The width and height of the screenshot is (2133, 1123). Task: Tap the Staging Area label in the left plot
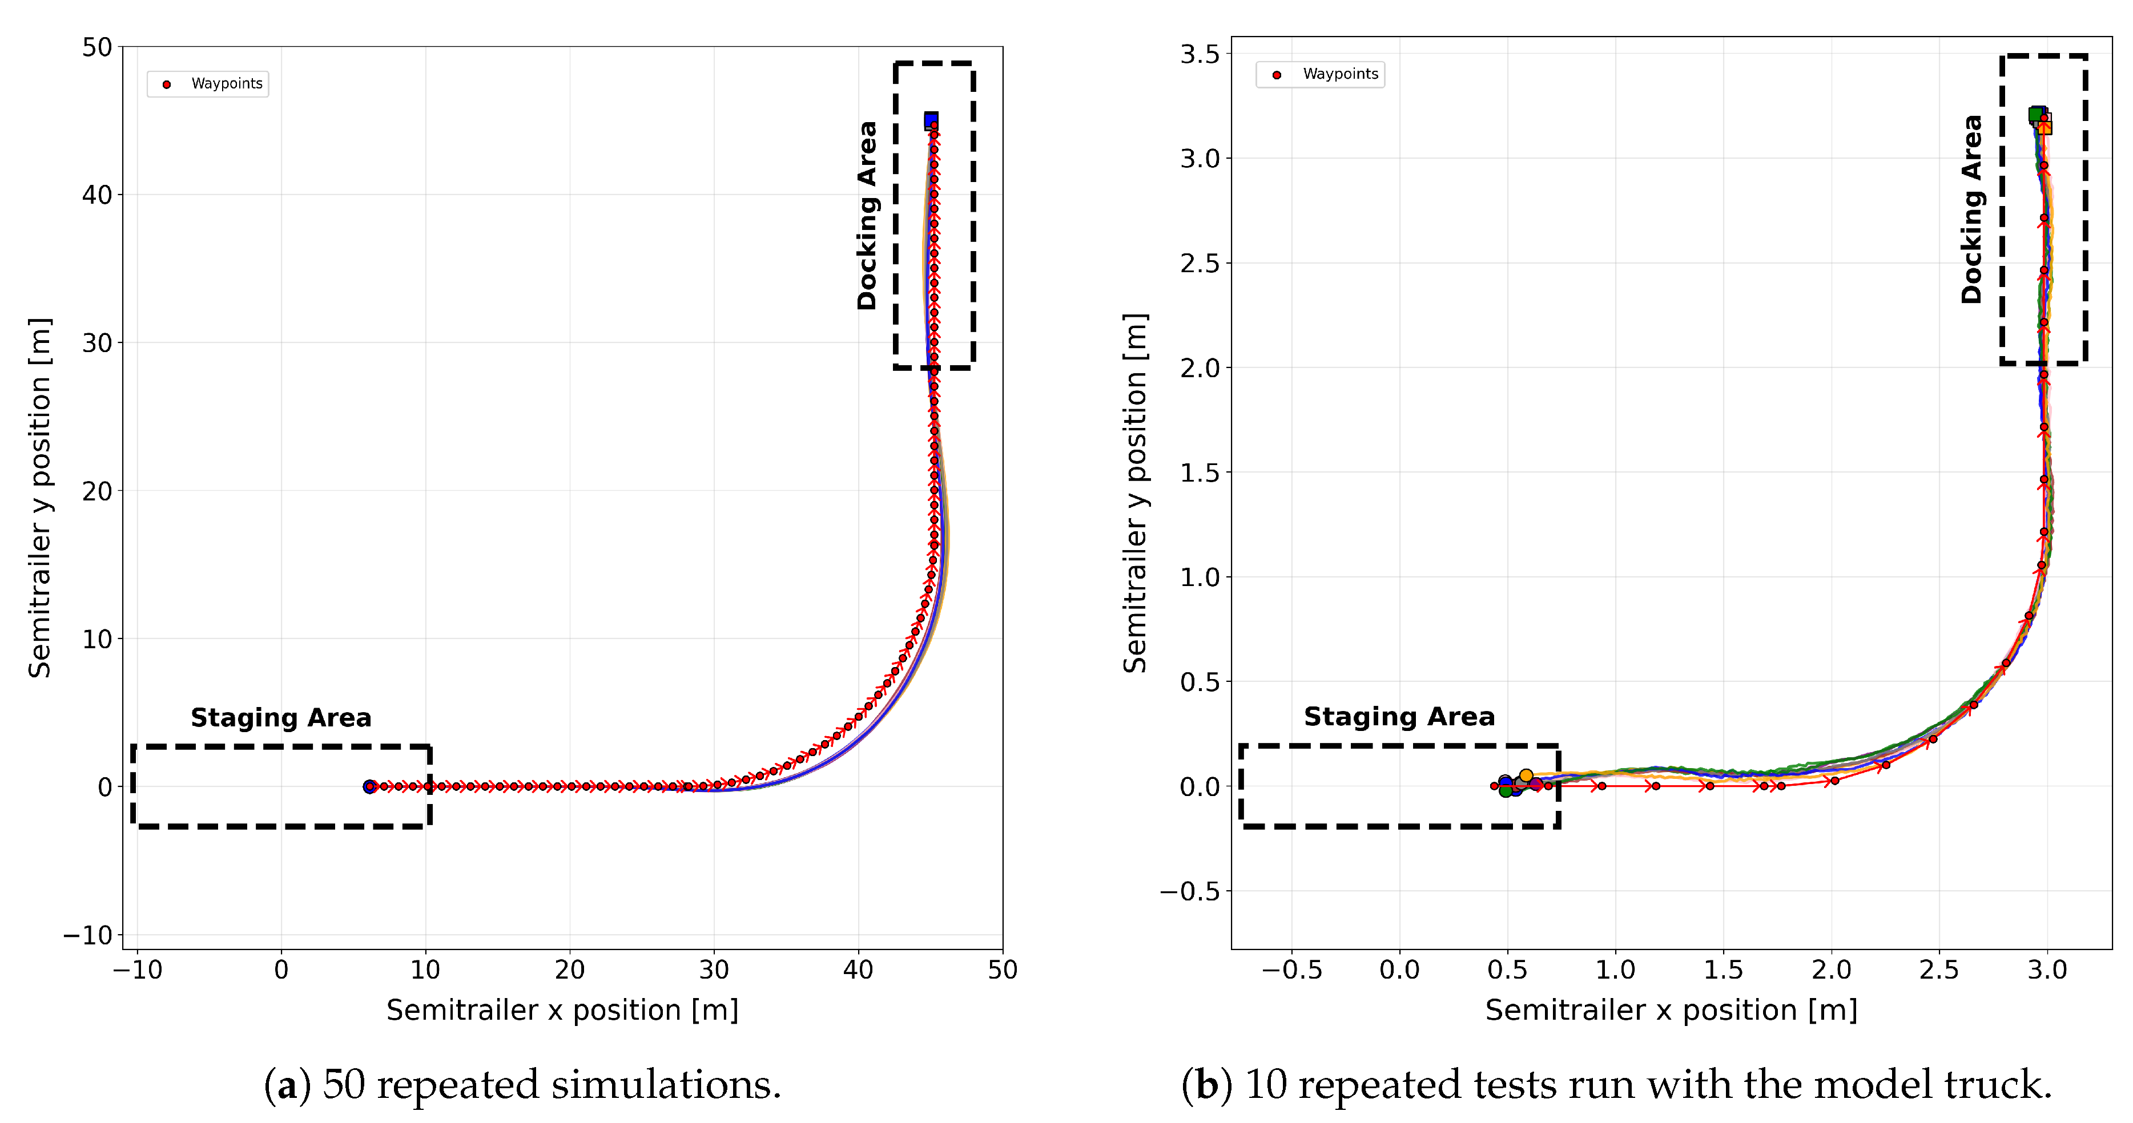click(x=281, y=717)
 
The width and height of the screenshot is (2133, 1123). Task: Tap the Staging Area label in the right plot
click(x=1399, y=717)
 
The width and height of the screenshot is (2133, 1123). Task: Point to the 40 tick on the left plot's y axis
click(x=98, y=195)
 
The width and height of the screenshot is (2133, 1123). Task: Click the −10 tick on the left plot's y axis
click(x=88, y=935)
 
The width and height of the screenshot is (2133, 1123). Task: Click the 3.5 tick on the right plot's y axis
click(x=1200, y=55)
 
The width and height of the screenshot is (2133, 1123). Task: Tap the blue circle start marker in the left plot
click(x=369, y=786)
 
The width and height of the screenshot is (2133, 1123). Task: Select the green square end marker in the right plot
click(x=2035, y=114)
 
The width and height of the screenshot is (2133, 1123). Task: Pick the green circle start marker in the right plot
click(x=1506, y=791)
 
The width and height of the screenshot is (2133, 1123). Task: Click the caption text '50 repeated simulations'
click(x=552, y=1085)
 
